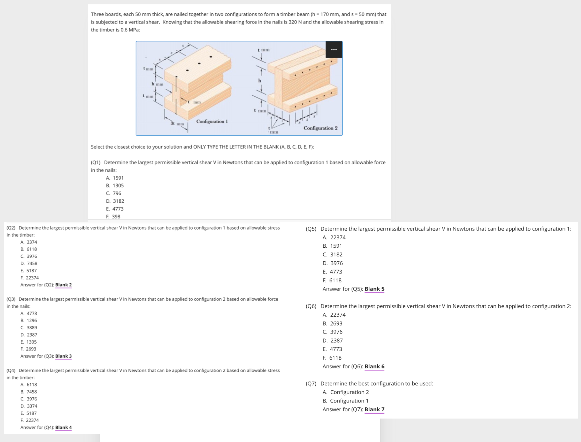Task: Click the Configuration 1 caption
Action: pyautogui.click(x=212, y=121)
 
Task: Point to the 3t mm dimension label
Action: pyautogui.click(x=177, y=123)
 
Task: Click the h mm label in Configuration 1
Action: pyautogui.click(x=157, y=84)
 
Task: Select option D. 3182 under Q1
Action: pyautogui.click(x=115, y=201)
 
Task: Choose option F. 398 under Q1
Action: pyautogui.click(x=113, y=217)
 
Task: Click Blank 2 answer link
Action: pyautogui.click(x=63, y=285)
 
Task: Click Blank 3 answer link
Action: pyautogui.click(x=63, y=356)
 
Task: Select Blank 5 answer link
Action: pyautogui.click(x=374, y=289)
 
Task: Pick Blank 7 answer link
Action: pyautogui.click(x=374, y=409)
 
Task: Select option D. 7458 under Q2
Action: pyautogui.click(x=29, y=263)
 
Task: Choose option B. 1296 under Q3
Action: pyautogui.click(x=29, y=320)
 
